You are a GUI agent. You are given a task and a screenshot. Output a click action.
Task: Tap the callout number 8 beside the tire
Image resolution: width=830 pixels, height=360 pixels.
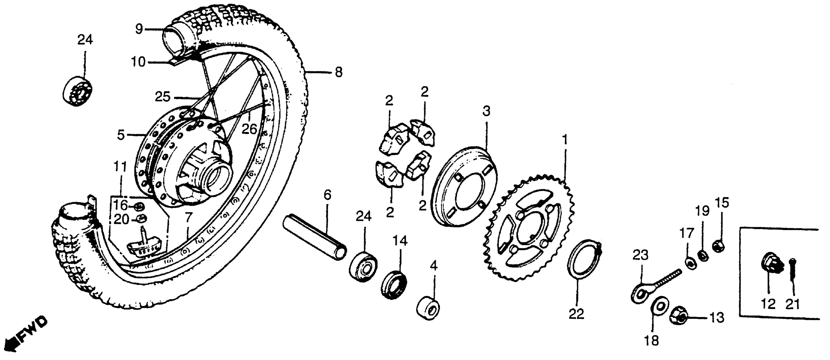click(x=338, y=72)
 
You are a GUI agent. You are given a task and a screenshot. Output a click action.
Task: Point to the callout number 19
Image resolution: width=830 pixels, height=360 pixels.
click(x=703, y=211)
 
